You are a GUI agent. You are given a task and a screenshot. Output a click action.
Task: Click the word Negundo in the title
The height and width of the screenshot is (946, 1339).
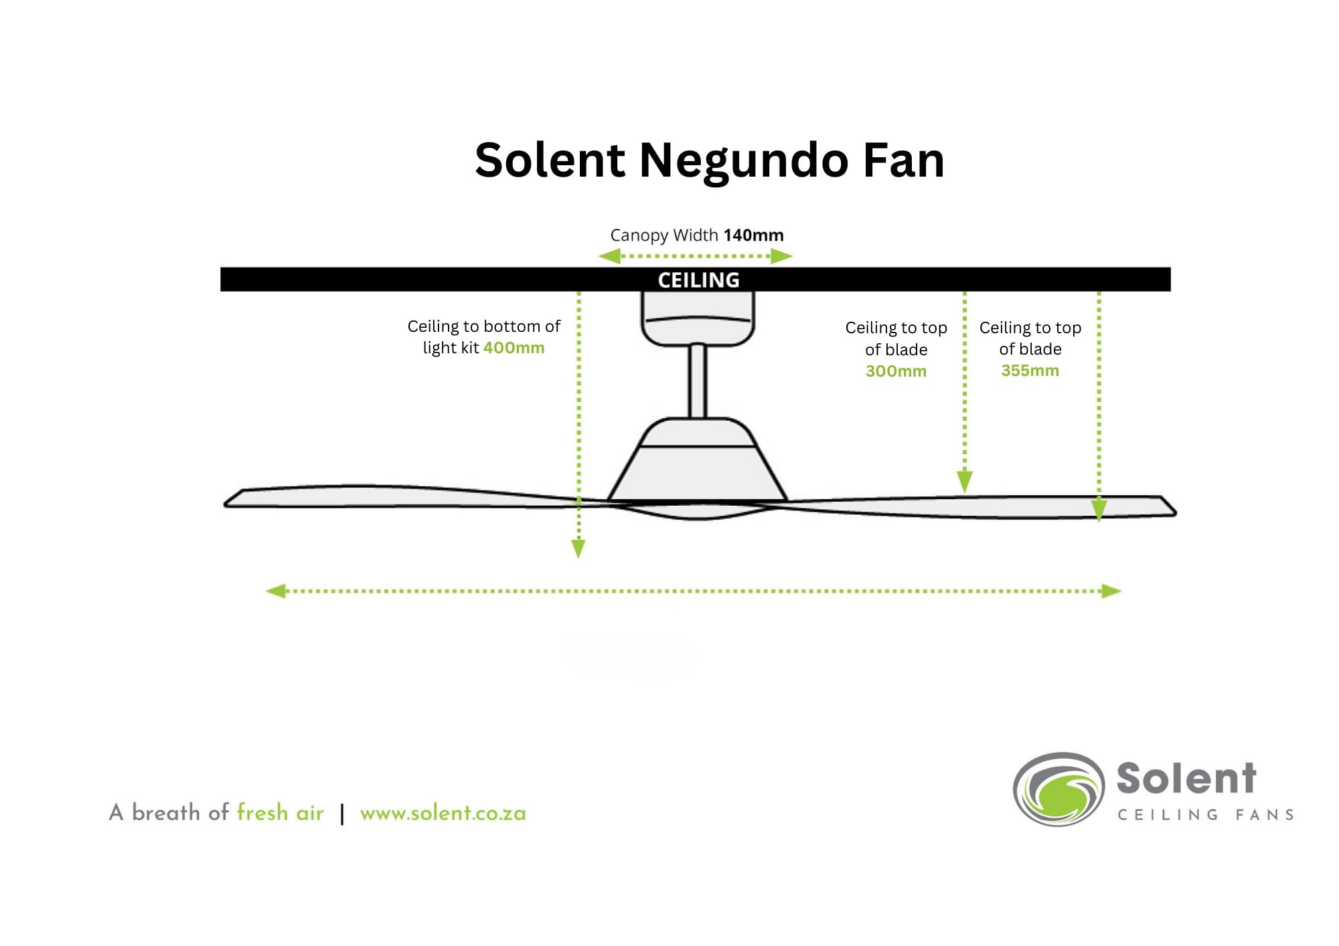744,161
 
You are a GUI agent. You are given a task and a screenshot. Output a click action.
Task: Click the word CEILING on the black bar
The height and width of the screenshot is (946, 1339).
698,280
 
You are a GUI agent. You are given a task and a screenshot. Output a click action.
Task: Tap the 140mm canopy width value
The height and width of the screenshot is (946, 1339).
753,235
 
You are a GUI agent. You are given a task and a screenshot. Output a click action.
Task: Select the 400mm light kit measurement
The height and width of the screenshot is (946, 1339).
514,348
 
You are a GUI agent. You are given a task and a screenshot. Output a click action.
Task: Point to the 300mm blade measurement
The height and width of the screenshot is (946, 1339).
896,371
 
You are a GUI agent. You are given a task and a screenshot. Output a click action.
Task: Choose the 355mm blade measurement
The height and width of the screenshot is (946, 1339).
1030,371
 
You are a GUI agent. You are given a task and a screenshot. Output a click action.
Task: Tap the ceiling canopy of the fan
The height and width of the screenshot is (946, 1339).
698,319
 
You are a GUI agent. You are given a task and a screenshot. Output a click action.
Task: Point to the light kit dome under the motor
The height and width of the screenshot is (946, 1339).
698,512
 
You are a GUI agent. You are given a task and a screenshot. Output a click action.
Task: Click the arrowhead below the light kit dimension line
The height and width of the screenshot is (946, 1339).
578,549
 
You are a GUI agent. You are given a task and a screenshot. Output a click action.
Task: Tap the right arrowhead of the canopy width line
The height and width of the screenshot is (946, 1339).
781,256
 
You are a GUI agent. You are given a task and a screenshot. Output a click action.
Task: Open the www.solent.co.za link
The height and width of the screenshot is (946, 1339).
443,814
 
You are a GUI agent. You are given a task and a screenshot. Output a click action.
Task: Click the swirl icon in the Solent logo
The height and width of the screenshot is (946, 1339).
1058,789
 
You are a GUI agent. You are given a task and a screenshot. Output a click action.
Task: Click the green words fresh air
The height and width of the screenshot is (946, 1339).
280,812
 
